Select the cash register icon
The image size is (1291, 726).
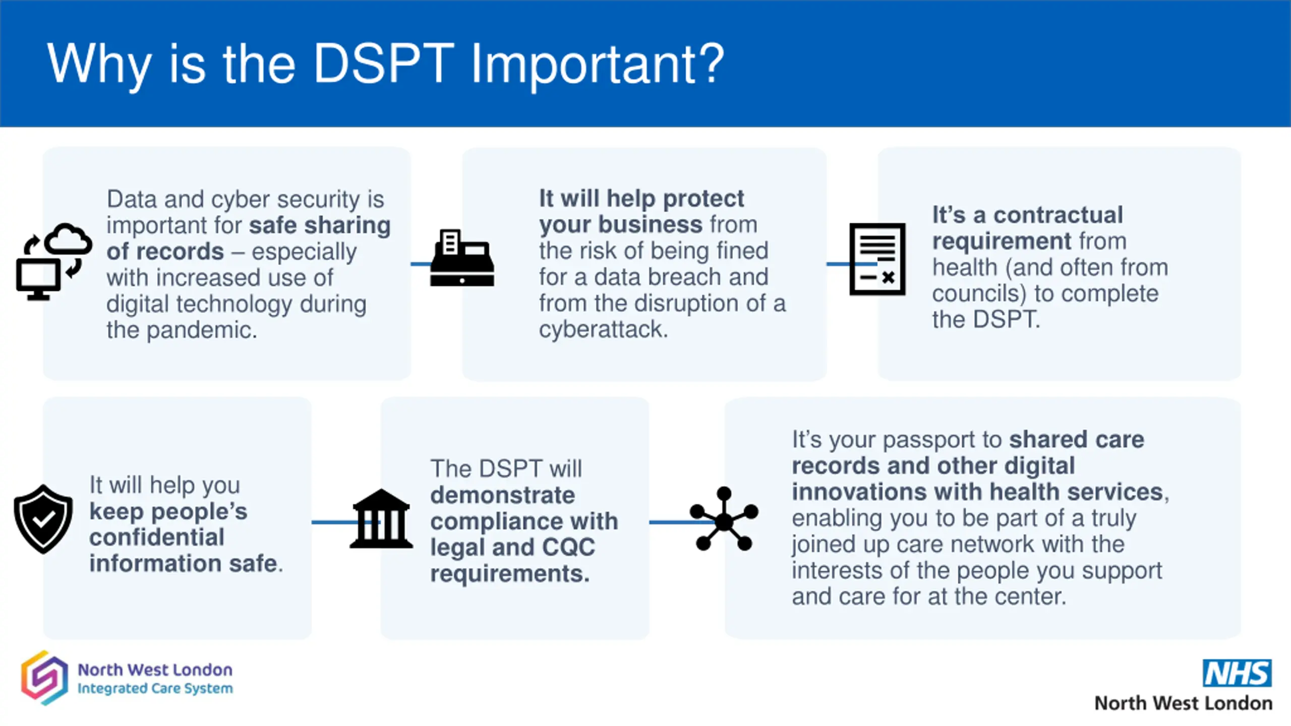coord(462,259)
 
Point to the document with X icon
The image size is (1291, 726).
coord(877,259)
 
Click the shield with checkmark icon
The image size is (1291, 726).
coord(43,519)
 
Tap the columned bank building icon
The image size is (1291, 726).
coord(381,519)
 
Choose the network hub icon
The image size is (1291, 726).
coord(724,519)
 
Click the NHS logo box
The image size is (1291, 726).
coord(1237,673)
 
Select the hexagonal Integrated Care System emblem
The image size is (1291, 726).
coord(44,678)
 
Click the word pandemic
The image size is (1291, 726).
coord(202,330)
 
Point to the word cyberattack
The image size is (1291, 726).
coord(603,329)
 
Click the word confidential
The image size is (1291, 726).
coord(157,537)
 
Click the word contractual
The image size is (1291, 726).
coord(1058,215)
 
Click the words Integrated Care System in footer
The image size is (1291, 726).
coord(155,689)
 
